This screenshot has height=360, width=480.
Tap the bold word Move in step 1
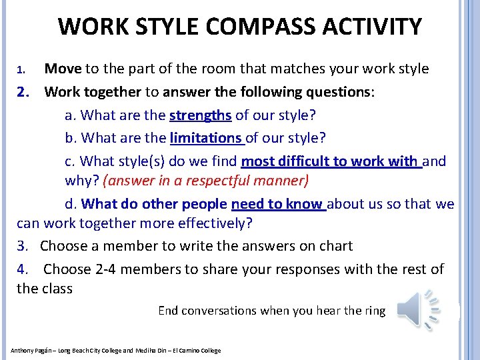tap(63, 69)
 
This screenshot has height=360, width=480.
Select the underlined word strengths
tap(200, 115)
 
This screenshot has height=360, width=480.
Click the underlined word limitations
tap(206, 138)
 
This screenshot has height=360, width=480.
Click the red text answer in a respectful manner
tap(206, 181)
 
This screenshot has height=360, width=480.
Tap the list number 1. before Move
tap(21, 69)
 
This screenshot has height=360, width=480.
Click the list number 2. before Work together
tap(23, 92)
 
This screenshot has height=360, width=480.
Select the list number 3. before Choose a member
tap(23, 246)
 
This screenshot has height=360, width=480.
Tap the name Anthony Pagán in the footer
tap(33, 351)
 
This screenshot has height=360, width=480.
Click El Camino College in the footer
tap(197, 351)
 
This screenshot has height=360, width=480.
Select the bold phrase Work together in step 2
tap(93, 92)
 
